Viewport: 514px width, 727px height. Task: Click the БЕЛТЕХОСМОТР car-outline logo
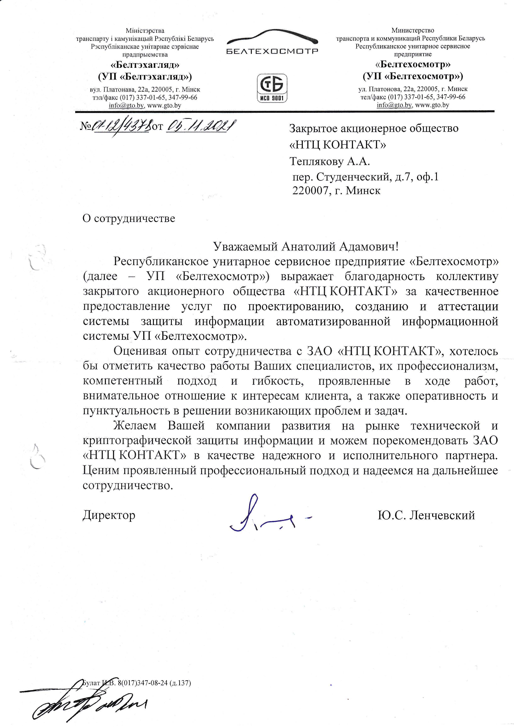tap(272, 43)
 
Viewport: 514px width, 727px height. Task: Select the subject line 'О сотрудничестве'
tap(128, 218)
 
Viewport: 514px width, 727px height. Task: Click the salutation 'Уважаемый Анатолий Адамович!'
tap(305, 246)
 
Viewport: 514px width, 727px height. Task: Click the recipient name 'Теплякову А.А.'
tap(330, 162)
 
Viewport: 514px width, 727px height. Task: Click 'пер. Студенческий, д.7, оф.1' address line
tap(366, 177)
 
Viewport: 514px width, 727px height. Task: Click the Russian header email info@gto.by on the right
tap(394, 105)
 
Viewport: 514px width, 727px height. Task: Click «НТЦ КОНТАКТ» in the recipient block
tap(338, 145)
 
